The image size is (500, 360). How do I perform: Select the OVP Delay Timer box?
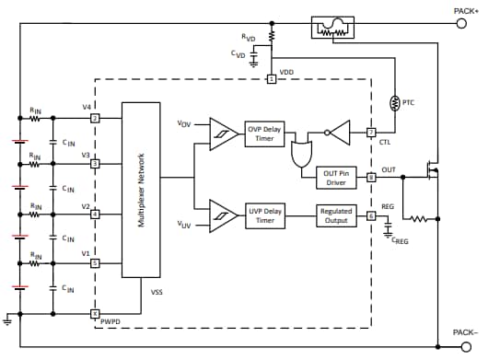[264, 132]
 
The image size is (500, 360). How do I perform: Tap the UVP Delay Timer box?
[264, 216]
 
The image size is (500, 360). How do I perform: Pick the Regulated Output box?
[336, 216]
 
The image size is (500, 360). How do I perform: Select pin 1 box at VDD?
[272, 80]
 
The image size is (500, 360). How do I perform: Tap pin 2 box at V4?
[94, 118]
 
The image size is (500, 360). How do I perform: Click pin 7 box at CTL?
[371, 132]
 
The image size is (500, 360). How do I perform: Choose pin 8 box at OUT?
[371, 177]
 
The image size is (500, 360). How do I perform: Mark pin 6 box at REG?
[371, 216]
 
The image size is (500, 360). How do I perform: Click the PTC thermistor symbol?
[395, 103]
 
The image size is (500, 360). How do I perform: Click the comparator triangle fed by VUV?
[222, 216]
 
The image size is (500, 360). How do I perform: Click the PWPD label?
[110, 322]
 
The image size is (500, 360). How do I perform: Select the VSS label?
[157, 294]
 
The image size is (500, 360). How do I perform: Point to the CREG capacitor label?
[400, 241]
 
